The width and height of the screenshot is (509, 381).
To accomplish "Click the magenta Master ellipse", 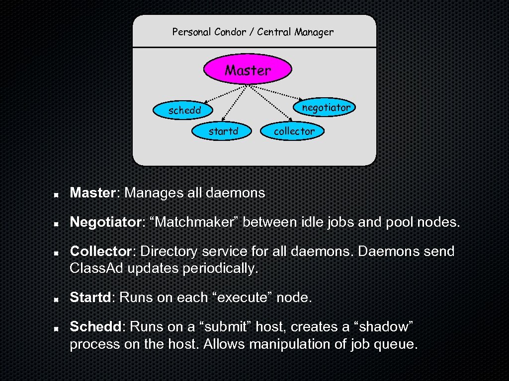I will pyautogui.click(x=248, y=69).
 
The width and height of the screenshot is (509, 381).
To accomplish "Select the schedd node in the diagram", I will pyautogui.click(x=184, y=110).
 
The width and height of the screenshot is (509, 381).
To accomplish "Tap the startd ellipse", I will pyautogui.click(x=223, y=131).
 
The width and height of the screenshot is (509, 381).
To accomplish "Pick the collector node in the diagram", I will pyautogui.click(x=294, y=131).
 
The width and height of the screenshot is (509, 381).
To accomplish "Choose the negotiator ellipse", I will pyautogui.click(x=326, y=107).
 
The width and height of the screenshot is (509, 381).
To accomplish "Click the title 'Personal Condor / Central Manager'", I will pyautogui.click(x=253, y=32).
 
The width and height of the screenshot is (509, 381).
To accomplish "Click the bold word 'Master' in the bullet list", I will pyautogui.click(x=92, y=192).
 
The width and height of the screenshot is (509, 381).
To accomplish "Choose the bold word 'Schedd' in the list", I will pyautogui.click(x=97, y=327).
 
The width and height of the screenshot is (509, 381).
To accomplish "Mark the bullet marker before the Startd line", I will pyautogui.click(x=57, y=299).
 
